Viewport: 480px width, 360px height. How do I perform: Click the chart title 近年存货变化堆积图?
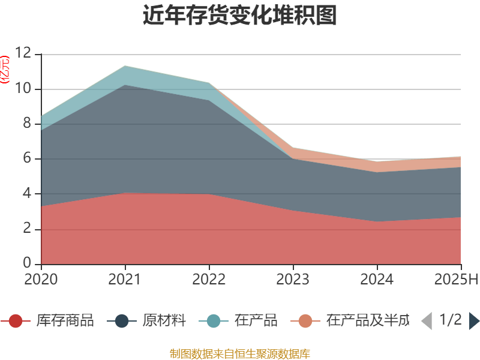(x=240, y=16)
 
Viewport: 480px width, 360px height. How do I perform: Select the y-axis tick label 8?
(x=27, y=124)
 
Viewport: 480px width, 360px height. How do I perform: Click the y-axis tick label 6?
(x=27, y=159)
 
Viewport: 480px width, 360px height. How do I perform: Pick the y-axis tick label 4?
(x=27, y=194)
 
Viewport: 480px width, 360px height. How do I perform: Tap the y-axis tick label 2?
(x=27, y=229)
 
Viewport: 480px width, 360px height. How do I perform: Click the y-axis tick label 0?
(x=27, y=263)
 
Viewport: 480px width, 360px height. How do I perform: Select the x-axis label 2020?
(x=41, y=279)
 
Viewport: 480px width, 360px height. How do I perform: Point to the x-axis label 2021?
(x=125, y=279)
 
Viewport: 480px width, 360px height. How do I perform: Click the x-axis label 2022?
(x=209, y=279)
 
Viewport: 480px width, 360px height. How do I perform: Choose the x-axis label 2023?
(x=293, y=279)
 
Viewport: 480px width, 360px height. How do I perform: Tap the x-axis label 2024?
(x=377, y=279)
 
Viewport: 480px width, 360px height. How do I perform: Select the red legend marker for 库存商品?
(x=16, y=321)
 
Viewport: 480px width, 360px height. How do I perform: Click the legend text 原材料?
(x=164, y=321)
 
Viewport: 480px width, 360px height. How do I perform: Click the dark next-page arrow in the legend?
(x=474, y=321)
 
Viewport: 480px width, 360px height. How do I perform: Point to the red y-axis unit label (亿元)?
(x=5, y=69)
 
